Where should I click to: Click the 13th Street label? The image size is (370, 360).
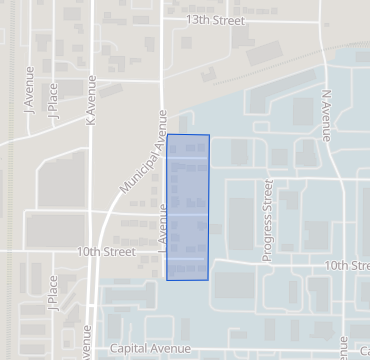pyautogui.click(x=216, y=19)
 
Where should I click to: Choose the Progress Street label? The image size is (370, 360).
pyautogui.click(x=267, y=220)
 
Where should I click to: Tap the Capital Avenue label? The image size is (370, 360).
pyautogui.click(x=149, y=349)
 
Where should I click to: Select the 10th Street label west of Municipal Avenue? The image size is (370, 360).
pyautogui.click(x=106, y=252)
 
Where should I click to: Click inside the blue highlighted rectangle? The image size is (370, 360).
pyautogui.click(x=188, y=207)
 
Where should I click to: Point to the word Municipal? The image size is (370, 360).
pyautogui.click(x=134, y=171)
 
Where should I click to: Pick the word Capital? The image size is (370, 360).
pyautogui.click(x=129, y=349)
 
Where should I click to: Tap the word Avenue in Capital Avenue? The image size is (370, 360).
pyautogui.click(x=170, y=349)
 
